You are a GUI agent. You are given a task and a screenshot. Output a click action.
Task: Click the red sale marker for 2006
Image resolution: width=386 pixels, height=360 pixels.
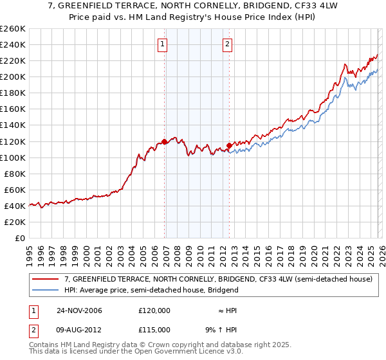click(165, 141)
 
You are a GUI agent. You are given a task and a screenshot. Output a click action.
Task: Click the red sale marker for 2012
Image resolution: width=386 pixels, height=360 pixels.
click(229, 145)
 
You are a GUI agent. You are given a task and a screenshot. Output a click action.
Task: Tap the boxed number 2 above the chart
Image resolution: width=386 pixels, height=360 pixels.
click(228, 44)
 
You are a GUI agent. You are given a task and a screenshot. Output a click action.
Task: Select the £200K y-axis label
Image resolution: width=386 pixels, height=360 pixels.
click(12, 77)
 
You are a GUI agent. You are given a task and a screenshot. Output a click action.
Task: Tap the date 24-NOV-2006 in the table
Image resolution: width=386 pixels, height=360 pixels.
click(79, 310)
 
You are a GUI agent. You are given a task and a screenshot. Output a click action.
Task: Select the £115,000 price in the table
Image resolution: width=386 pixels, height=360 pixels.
click(154, 330)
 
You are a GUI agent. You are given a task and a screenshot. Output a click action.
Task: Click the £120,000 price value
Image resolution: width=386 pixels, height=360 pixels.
click(154, 310)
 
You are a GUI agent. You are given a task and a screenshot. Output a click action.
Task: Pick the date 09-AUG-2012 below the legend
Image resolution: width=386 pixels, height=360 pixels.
click(79, 330)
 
